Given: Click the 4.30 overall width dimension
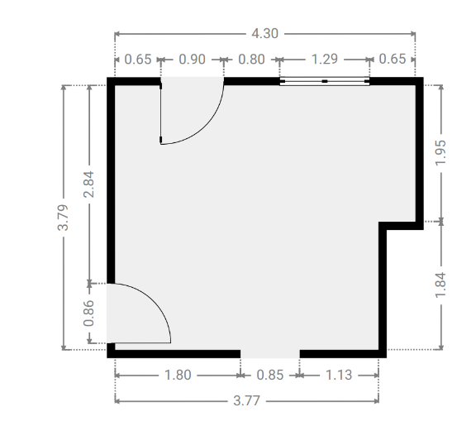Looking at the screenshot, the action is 264,33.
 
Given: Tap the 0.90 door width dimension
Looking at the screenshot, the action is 193,60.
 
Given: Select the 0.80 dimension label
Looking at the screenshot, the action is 251,60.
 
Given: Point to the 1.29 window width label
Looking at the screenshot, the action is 325,59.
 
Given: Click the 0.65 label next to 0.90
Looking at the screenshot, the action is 138,60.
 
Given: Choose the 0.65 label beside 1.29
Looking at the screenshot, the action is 393,59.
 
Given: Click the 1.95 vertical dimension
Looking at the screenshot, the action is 440,152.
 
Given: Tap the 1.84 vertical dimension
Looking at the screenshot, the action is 440,285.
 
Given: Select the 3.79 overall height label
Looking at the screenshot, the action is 63,218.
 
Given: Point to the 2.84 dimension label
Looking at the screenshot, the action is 88,184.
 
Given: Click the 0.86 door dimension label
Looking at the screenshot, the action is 88,313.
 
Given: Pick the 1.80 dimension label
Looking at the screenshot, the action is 178,375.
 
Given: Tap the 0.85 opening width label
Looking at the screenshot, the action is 270,375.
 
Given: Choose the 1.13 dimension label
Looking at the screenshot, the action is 339,375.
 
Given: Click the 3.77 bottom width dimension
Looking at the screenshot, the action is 246,401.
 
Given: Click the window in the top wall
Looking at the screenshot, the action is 325,81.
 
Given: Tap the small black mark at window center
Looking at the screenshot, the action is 325,81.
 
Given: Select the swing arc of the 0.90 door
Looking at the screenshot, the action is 206,127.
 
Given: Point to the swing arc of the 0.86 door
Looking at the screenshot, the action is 153,301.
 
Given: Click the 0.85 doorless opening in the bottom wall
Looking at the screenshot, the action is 270,354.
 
